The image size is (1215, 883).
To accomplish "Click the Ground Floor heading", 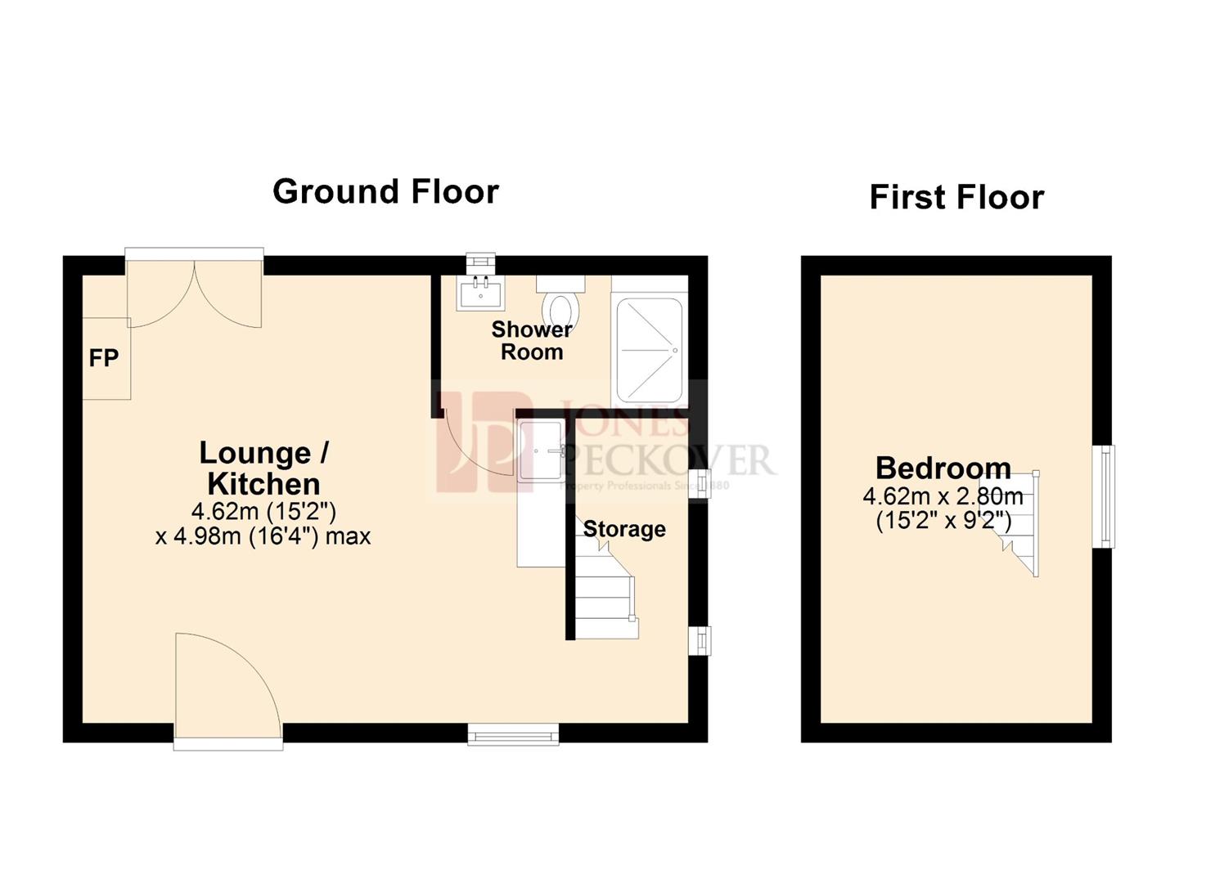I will [385, 192].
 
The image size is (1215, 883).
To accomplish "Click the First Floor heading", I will [956, 198].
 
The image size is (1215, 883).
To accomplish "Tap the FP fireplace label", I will [104, 358].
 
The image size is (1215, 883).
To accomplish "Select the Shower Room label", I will [532, 341].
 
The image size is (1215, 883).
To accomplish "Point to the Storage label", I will [624, 529].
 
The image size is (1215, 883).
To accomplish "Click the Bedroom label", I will [943, 468].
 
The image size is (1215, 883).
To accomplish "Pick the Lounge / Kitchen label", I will [263, 468].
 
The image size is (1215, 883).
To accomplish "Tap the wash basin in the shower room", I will [480, 292].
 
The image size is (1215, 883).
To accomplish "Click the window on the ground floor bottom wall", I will [513, 734].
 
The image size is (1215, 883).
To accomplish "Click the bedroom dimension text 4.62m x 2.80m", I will [943, 496].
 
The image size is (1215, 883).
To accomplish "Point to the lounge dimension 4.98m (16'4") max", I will [263, 536].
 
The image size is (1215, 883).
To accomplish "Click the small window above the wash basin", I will [480, 262].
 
